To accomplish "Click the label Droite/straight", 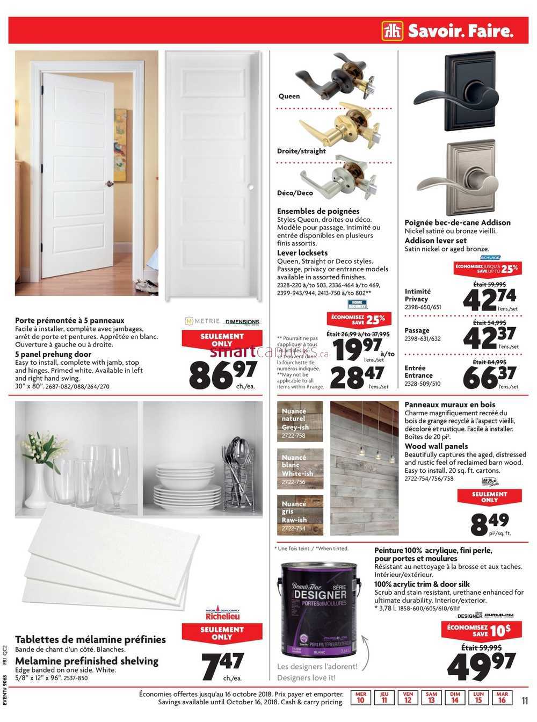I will (301, 151).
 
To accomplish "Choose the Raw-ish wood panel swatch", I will (300, 515).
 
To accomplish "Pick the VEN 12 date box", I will (408, 697).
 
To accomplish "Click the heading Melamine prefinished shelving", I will (86, 661).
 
